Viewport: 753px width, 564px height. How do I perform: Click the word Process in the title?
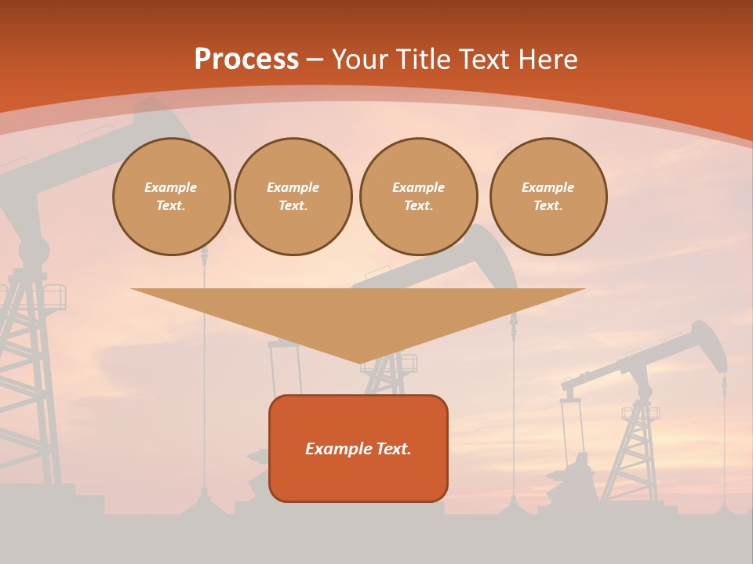click(246, 60)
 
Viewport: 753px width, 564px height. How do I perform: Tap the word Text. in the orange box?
click(391, 449)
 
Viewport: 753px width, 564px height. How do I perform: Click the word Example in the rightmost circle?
click(547, 187)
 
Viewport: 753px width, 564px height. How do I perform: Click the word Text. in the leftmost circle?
click(171, 205)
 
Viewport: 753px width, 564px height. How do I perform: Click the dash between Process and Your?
click(315, 60)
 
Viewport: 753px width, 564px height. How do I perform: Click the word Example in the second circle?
click(293, 187)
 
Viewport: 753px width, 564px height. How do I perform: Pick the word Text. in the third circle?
click(418, 205)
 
